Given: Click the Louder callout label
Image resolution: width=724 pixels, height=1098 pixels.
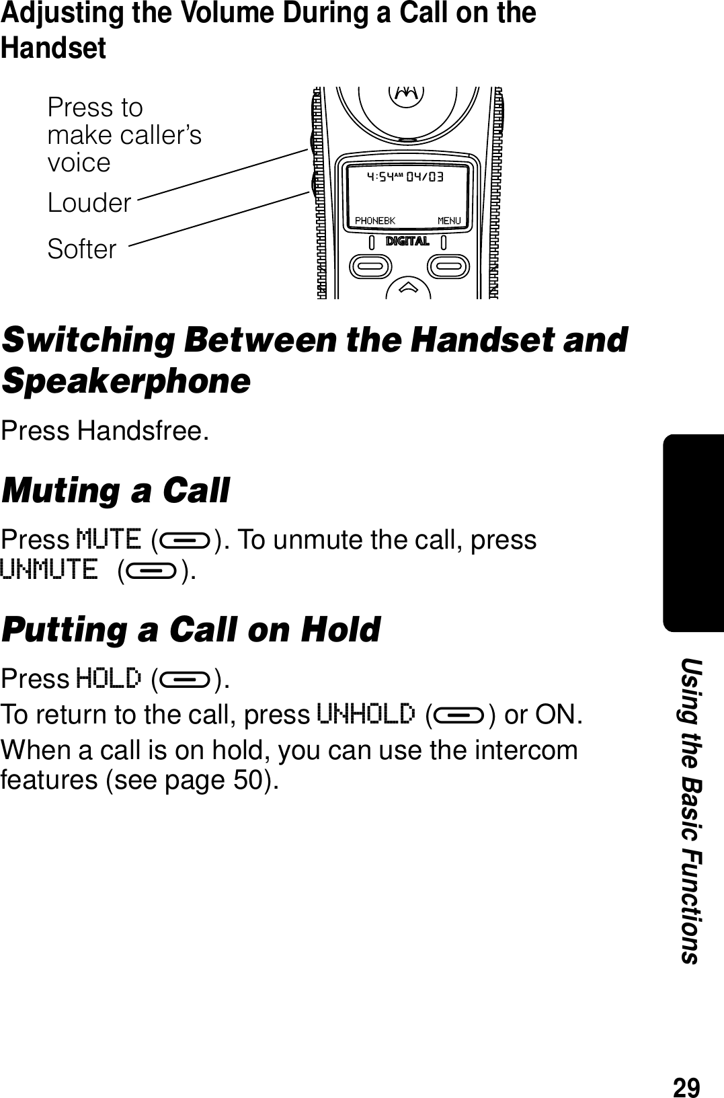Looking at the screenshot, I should tap(89, 203).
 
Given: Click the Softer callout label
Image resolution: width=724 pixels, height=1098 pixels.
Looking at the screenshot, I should tap(82, 249).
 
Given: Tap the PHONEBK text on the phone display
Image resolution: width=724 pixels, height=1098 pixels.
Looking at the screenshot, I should tap(374, 221).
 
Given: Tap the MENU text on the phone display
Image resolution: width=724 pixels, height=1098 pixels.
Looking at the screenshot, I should tap(449, 221).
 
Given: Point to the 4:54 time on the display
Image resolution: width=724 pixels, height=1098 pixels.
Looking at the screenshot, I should tap(385, 178).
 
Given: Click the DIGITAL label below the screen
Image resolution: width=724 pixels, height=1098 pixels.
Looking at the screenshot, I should tap(407, 241).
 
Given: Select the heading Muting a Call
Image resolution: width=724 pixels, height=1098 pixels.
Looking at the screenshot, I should tap(116, 490).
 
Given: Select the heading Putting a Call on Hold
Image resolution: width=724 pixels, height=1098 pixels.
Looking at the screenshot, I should tap(191, 630).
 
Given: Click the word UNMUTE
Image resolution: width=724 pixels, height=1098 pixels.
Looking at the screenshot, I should tap(48, 570).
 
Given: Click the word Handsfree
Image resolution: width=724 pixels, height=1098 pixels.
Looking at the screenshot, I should tap(139, 431).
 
